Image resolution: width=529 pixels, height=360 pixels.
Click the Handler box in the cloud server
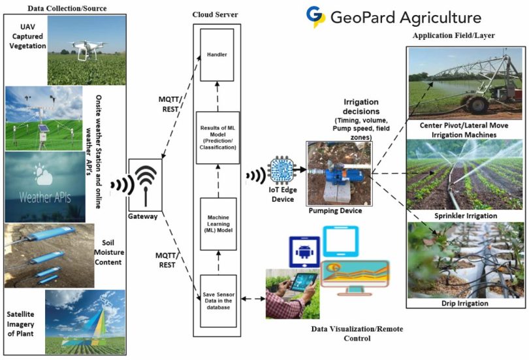coord(217,55)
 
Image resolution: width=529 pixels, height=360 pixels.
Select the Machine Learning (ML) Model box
coord(218,224)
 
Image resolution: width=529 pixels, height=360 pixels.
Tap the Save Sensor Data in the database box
coord(218,301)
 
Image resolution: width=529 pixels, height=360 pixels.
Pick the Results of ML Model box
coord(218,138)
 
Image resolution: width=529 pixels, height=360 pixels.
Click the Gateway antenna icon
coord(146,185)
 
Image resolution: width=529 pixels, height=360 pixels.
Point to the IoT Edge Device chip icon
coord(281,170)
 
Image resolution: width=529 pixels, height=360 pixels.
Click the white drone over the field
coord(88,50)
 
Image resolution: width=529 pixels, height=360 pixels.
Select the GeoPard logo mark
coord(315,16)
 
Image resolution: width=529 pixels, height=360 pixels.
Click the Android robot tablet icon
coord(304,252)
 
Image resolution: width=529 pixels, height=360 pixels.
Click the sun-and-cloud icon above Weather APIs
coord(43,174)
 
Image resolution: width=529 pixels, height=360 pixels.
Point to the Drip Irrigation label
coord(465,303)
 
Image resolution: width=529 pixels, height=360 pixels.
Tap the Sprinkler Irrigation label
coord(466,216)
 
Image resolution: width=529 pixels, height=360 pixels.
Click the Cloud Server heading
coord(216,14)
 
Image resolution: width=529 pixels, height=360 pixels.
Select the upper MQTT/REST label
coord(170,105)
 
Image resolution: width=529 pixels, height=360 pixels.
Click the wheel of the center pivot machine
coord(476,105)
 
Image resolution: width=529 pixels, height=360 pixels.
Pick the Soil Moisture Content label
coord(108,252)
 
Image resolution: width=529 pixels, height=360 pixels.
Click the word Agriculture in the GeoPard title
coord(440,18)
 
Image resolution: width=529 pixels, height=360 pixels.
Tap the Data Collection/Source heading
coord(67,8)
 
